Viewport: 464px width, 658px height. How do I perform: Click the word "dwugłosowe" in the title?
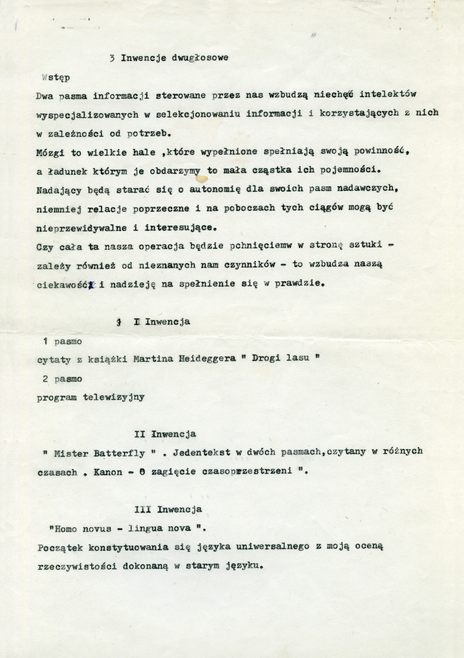click(200, 58)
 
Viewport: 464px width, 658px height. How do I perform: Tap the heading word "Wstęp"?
click(56, 78)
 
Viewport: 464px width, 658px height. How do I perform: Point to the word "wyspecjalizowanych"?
click(87, 115)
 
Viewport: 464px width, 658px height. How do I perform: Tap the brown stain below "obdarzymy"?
click(202, 179)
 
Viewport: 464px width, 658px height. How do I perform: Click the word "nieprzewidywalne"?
click(82, 228)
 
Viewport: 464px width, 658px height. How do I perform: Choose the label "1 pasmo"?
click(62, 342)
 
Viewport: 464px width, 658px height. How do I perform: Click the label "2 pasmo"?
click(62, 379)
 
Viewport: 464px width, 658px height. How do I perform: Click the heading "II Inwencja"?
click(165, 434)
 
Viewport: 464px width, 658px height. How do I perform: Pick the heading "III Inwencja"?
click(168, 509)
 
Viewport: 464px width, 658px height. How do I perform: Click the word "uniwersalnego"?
click(273, 547)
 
